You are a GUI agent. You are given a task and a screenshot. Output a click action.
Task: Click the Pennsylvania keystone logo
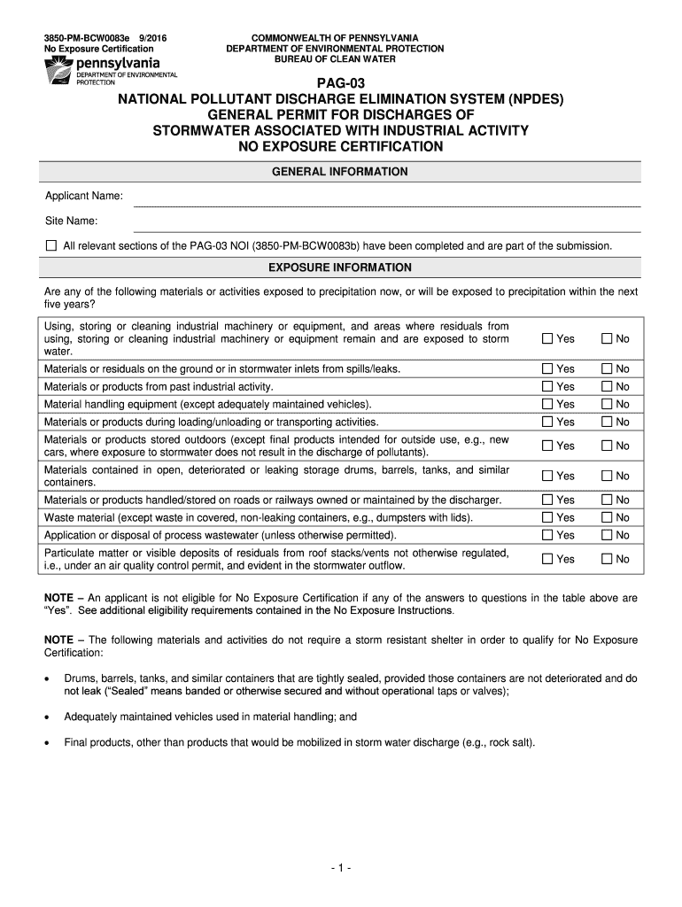pyautogui.click(x=58, y=67)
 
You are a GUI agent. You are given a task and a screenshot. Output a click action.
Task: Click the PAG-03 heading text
pyautogui.click(x=341, y=84)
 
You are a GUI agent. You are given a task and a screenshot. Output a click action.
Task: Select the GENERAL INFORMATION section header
pyautogui.click(x=341, y=172)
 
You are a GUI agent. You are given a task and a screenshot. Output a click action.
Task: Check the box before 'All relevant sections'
pyautogui.click(x=50, y=245)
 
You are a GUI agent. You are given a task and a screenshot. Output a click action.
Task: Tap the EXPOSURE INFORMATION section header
pyautogui.click(x=341, y=267)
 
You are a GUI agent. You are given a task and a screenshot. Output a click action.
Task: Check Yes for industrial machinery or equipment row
pyautogui.click(x=547, y=339)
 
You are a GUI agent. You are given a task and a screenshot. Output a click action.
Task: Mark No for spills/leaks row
pyautogui.click(x=608, y=368)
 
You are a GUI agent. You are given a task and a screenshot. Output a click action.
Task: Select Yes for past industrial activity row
pyautogui.click(x=547, y=386)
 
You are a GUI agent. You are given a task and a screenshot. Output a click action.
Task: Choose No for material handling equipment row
pyautogui.click(x=608, y=404)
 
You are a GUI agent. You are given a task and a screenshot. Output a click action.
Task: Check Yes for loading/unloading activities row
pyautogui.click(x=547, y=422)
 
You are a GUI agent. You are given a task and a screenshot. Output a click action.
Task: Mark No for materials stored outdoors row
pyautogui.click(x=608, y=446)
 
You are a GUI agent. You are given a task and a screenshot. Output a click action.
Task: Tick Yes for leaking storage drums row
pyautogui.click(x=547, y=476)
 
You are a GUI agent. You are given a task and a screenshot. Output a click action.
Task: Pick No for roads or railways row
pyautogui.click(x=608, y=500)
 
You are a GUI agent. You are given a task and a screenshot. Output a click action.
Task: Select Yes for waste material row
pyautogui.click(x=547, y=517)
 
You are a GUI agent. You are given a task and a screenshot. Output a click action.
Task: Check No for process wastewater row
pyautogui.click(x=608, y=535)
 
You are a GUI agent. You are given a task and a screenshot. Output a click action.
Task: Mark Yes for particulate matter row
pyautogui.click(x=547, y=559)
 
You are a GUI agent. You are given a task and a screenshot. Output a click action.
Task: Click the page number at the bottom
pyautogui.click(x=341, y=868)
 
